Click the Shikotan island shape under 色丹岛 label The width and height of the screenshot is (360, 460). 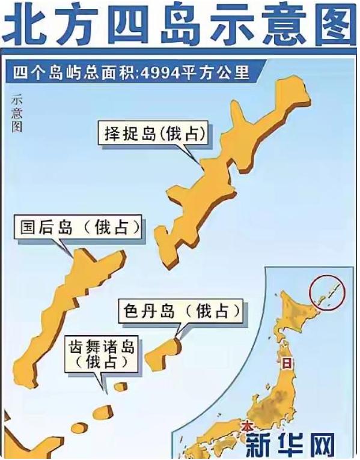160,351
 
